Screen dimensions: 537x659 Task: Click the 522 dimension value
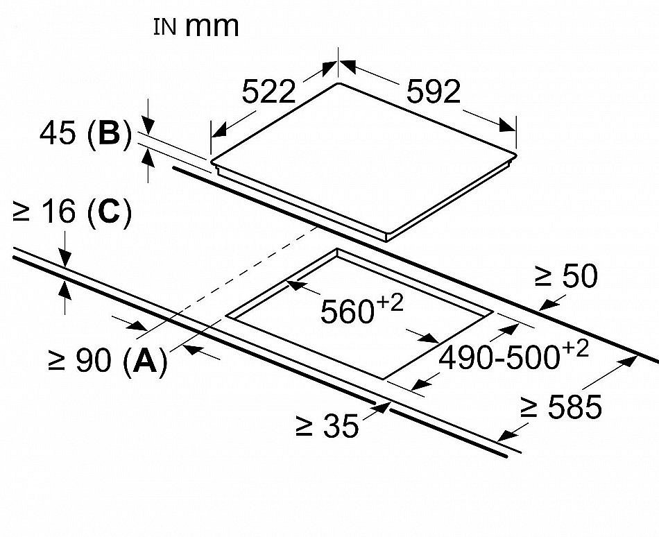click(269, 92)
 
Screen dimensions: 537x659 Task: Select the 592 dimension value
click(434, 92)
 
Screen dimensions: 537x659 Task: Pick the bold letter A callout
click(145, 361)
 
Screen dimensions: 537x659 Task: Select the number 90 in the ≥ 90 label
click(94, 361)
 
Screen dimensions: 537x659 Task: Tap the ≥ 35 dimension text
click(327, 425)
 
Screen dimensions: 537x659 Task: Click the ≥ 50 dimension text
click(566, 276)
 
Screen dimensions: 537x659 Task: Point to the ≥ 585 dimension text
click(560, 407)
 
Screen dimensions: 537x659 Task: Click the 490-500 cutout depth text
click(499, 358)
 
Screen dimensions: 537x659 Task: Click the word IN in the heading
click(165, 27)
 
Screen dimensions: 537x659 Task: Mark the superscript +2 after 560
click(389, 303)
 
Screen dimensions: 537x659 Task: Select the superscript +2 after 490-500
click(574, 348)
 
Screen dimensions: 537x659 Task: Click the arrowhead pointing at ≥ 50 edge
click(547, 304)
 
